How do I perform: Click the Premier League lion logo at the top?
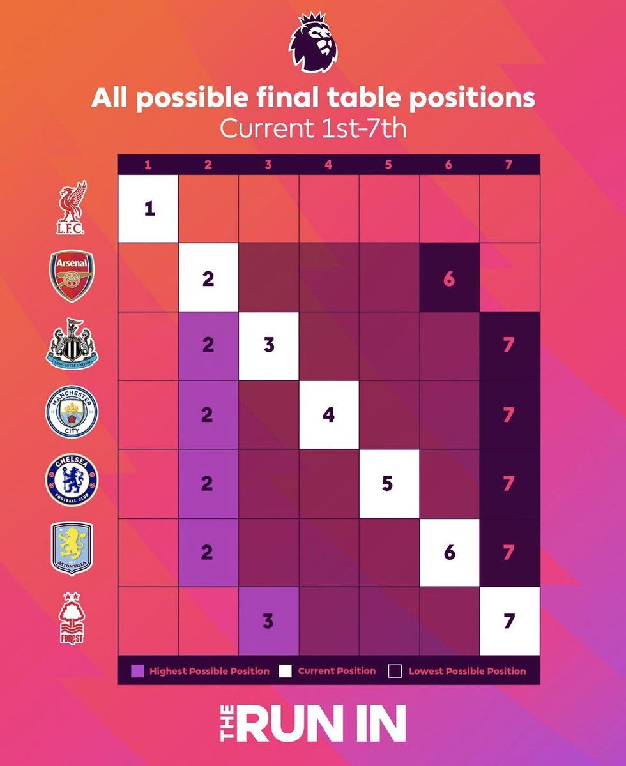click(x=312, y=44)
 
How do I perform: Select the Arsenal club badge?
click(x=73, y=276)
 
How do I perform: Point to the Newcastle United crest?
click(x=73, y=343)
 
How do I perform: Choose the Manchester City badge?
click(x=73, y=414)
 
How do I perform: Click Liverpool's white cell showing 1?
click(x=148, y=209)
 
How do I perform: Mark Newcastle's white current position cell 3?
click(x=268, y=345)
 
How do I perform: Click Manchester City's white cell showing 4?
click(x=328, y=415)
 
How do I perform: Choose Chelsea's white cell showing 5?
click(x=388, y=484)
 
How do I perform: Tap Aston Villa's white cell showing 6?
click(x=448, y=552)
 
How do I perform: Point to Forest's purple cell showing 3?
click(x=268, y=621)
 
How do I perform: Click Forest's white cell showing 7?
click(x=509, y=621)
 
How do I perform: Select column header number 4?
click(x=328, y=165)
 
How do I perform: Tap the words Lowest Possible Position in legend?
click(x=467, y=671)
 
